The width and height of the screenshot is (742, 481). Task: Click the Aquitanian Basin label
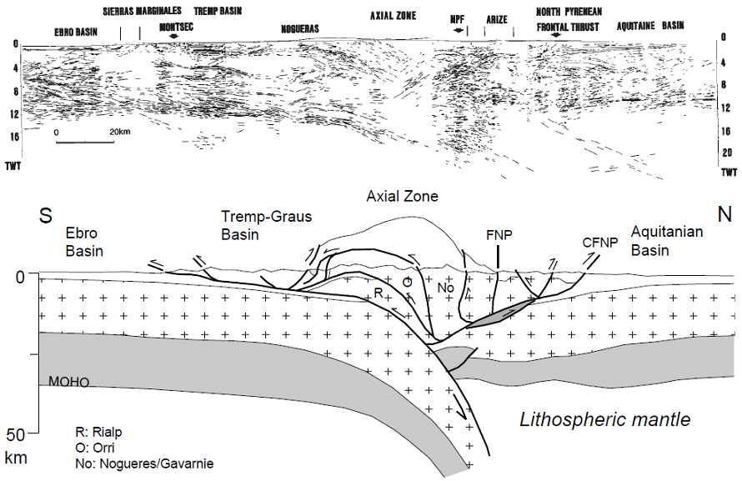click(667, 239)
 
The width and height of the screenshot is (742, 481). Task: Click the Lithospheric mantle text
click(604, 419)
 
